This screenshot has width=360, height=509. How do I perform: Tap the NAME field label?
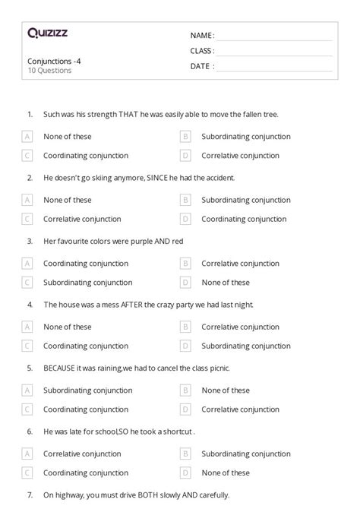point(201,35)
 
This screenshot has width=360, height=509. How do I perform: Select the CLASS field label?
point(202,50)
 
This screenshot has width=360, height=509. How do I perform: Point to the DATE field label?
point(201,66)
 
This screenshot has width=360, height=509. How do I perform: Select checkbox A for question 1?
point(27,137)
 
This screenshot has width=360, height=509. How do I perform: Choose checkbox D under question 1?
point(185,156)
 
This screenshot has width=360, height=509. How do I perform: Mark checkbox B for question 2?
point(185,201)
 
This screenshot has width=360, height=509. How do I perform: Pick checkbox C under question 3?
point(27,283)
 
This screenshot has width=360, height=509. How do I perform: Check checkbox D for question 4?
point(185,346)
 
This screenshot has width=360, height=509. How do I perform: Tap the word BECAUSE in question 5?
point(60,368)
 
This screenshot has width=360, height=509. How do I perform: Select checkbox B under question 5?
point(185,390)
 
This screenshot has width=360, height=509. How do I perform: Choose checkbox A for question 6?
point(27,454)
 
